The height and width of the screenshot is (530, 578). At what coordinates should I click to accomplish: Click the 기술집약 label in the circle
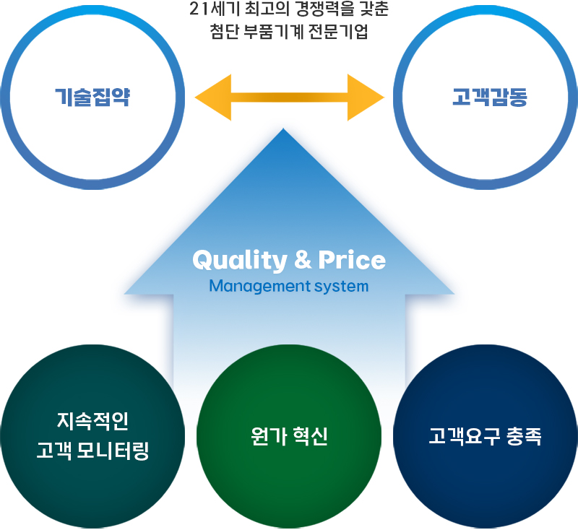pos(92,97)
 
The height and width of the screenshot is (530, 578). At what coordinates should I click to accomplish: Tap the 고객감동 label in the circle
pos(490,97)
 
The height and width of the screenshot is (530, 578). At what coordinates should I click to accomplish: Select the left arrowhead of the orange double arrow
pos(213,97)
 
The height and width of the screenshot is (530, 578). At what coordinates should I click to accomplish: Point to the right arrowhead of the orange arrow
pos(366,97)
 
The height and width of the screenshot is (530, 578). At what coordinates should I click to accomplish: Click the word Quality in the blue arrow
pos(240,261)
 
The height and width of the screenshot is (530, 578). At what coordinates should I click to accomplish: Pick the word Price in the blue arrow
pos(352,260)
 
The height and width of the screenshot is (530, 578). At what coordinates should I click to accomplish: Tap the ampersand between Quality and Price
pos(303,260)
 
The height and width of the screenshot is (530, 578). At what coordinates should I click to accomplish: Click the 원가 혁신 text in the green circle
pos(289,436)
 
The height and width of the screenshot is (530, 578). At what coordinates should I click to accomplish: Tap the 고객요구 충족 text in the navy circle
pos(485,436)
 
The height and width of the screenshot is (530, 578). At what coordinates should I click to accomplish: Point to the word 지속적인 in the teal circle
pos(92,421)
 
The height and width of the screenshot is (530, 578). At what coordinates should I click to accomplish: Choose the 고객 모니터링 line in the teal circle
pos(92,451)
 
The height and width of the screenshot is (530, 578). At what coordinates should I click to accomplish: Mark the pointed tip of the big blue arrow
pos(283,129)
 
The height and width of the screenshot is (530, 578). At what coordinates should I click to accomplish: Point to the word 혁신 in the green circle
pos(311,436)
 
